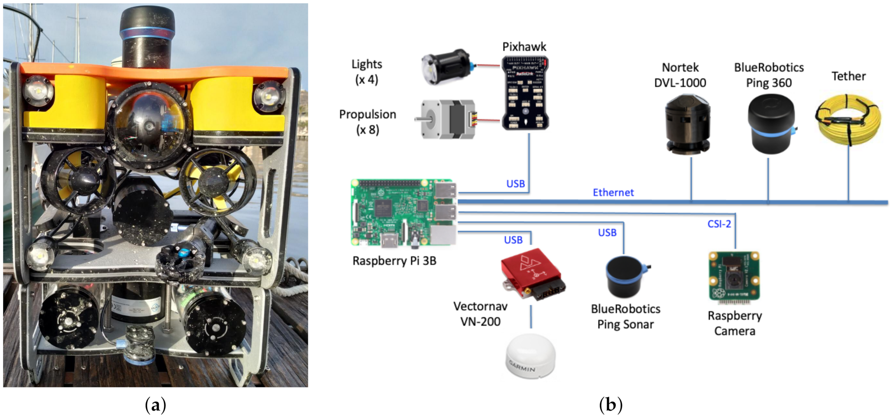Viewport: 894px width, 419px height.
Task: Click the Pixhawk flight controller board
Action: (525, 93)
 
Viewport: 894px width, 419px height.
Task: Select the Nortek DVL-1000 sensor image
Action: (687, 124)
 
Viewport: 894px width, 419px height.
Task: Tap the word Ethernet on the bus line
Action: (613, 192)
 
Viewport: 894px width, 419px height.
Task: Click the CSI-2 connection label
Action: (719, 224)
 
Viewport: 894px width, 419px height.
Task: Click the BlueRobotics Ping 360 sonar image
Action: (771, 124)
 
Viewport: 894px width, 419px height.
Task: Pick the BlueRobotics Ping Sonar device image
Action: (626, 276)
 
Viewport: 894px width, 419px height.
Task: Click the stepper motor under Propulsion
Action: (447, 119)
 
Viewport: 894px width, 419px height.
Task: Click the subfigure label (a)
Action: (155, 405)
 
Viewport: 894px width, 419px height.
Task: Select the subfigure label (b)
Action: (611, 405)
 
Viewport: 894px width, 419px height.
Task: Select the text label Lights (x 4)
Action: (366, 72)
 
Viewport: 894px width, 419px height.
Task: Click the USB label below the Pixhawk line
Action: (515, 184)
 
